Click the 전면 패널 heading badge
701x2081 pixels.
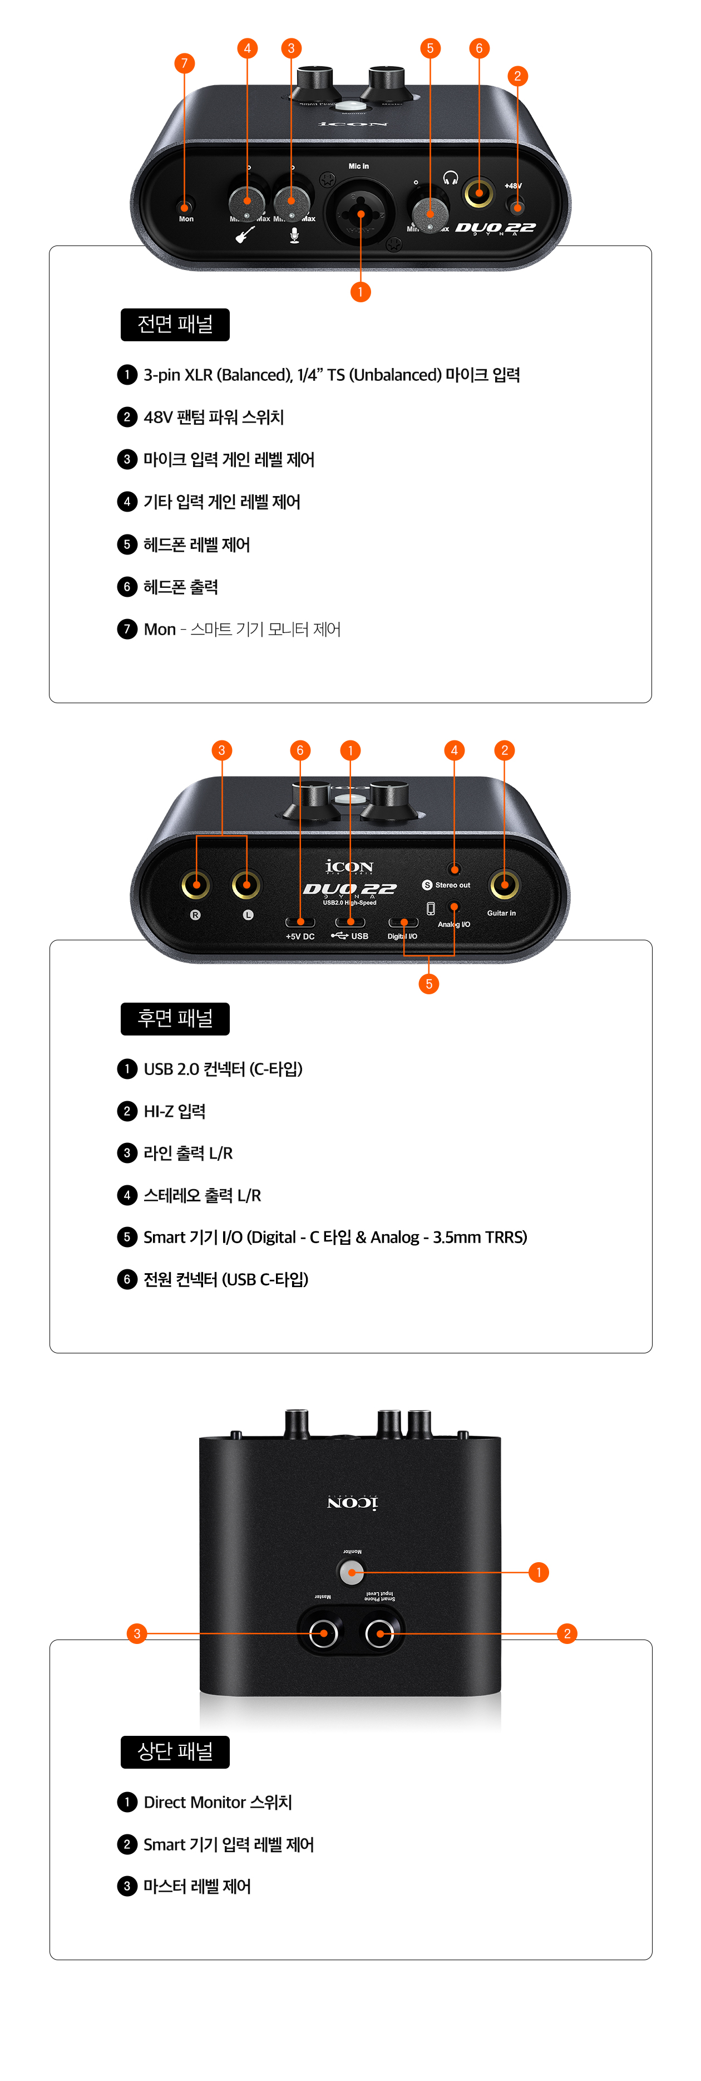(175, 325)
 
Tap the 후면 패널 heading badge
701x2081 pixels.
(175, 1019)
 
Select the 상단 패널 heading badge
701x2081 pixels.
(175, 1751)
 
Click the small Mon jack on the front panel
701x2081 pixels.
(185, 205)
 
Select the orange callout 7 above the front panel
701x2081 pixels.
(184, 63)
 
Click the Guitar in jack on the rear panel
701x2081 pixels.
(504, 885)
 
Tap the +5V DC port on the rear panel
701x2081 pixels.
(300, 922)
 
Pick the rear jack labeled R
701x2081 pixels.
(195, 885)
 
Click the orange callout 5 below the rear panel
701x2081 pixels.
(429, 984)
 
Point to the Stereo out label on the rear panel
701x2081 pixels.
(452, 885)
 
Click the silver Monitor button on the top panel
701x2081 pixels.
(351, 1572)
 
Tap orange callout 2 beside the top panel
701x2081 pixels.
(567, 1633)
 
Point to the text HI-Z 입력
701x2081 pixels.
(175, 1112)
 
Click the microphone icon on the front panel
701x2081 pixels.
(294, 235)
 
